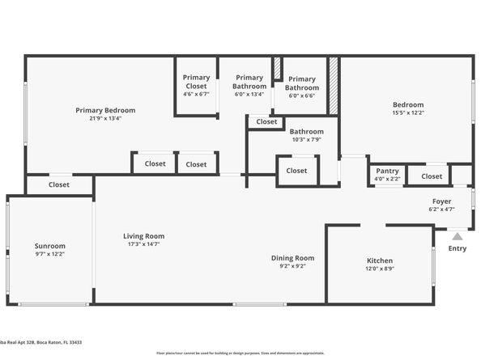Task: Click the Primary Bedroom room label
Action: pyautogui.click(x=105, y=110)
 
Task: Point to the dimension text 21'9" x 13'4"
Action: pyautogui.click(x=105, y=118)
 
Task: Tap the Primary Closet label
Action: pyautogui.click(x=196, y=82)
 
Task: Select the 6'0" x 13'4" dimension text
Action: pyautogui.click(x=249, y=95)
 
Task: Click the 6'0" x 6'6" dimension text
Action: pyautogui.click(x=302, y=96)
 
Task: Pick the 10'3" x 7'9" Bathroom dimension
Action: pyautogui.click(x=306, y=140)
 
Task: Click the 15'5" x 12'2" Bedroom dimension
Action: pyautogui.click(x=408, y=113)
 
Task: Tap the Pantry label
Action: pyautogui.click(x=387, y=171)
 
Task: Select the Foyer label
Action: pyautogui.click(x=441, y=201)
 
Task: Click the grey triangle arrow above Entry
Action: pyautogui.click(x=458, y=236)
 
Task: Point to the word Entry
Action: pyautogui.click(x=458, y=248)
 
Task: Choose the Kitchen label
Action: pyautogui.click(x=379, y=260)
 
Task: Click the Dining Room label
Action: pyautogui.click(x=292, y=258)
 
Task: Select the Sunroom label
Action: pyautogui.click(x=49, y=246)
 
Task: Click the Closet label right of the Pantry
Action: pyautogui.click(x=432, y=176)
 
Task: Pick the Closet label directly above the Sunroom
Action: pyautogui.click(x=59, y=184)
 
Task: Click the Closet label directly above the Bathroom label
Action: pyautogui.click(x=266, y=121)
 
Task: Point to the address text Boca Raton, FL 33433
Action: pyautogui.click(x=58, y=343)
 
